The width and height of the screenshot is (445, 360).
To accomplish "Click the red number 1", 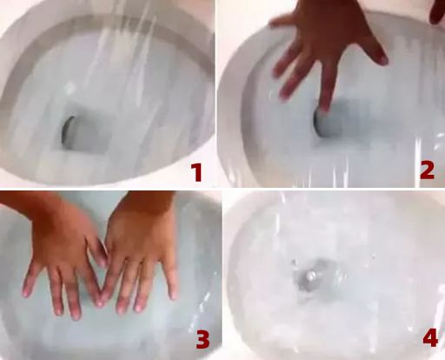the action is (x=197, y=172).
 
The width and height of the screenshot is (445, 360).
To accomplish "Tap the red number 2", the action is (x=427, y=170).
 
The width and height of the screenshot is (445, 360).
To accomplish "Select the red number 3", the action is (x=203, y=339).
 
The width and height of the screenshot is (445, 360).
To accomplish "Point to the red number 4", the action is (x=430, y=338).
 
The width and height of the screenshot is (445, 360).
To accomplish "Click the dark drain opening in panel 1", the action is (x=67, y=130).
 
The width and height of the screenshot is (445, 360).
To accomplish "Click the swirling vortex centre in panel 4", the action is (x=310, y=276).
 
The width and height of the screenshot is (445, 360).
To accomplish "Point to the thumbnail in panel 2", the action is (x=384, y=60).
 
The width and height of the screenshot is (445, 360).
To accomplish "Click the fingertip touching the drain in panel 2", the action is (x=325, y=107).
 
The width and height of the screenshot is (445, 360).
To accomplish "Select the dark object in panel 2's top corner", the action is (x=437, y=11).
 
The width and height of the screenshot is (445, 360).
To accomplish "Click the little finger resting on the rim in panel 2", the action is (x=282, y=21).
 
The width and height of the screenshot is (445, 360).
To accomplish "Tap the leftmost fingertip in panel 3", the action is (x=26, y=292).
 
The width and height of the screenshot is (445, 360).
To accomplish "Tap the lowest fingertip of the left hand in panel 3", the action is (x=76, y=315).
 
